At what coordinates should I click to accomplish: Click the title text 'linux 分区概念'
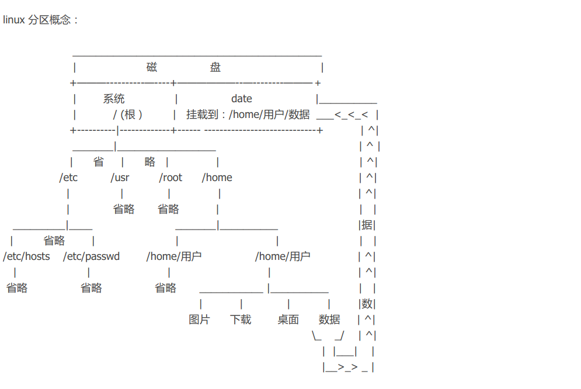point(37,20)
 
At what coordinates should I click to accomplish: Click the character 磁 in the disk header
point(152,67)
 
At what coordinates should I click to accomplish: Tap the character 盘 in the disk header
point(215,67)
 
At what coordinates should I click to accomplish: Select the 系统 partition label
point(114,99)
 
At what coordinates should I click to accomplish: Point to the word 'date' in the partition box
point(242,99)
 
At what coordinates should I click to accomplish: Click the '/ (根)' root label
point(127,114)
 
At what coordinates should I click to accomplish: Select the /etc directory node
point(68,178)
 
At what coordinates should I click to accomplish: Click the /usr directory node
point(120,178)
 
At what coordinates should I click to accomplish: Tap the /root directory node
point(171,178)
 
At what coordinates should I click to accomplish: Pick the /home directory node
point(217,178)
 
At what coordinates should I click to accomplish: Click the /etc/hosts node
point(26,256)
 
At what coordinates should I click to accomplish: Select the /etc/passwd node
point(92,256)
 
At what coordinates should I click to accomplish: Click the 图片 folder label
point(199,319)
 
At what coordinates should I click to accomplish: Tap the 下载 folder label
point(241,319)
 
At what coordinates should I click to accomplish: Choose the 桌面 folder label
point(288,319)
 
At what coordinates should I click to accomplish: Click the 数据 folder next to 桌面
point(329,319)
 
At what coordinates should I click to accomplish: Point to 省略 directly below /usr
point(124,209)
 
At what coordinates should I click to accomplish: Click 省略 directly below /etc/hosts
point(17,288)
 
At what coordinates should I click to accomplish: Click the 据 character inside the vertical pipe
point(367,225)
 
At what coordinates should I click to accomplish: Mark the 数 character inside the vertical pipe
point(367,304)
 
